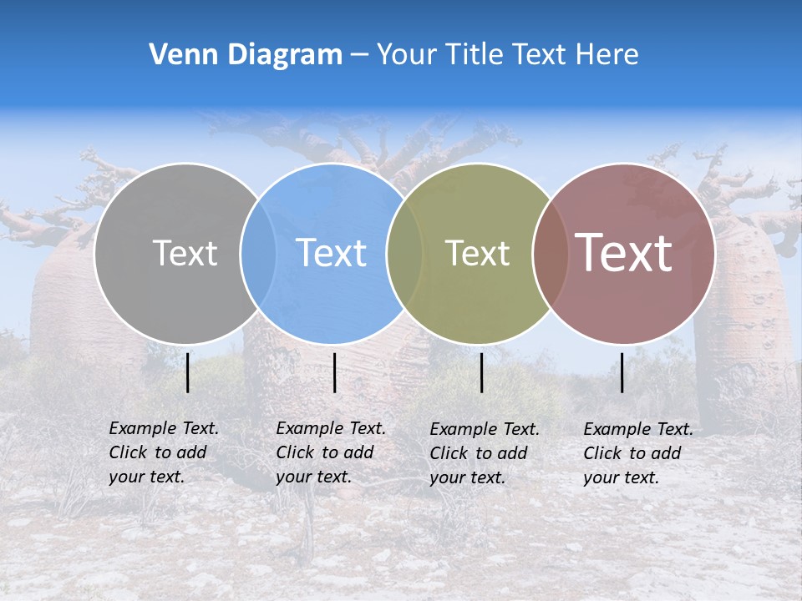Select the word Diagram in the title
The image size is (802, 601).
(x=284, y=55)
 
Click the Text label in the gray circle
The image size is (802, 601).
(x=185, y=253)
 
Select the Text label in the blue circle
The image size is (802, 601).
(x=331, y=253)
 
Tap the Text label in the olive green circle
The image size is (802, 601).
(x=477, y=253)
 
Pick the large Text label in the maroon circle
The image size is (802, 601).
(x=624, y=253)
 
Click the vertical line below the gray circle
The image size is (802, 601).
(x=188, y=372)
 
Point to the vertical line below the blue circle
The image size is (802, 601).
(x=334, y=372)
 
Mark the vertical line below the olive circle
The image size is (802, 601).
(x=481, y=372)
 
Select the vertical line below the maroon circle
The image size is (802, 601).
(x=622, y=372)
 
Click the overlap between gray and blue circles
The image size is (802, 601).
(x=258, y=253)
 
